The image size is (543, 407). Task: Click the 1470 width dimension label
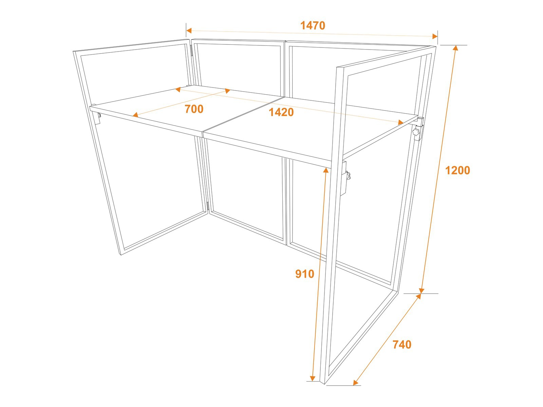(x=313, y=25)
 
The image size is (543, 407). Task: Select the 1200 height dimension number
(x=457, y=170)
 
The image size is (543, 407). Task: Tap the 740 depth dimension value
(x=402, y=345)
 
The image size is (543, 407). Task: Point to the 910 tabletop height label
(x=305, y=274)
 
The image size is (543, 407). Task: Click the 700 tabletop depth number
(x=194, y=109)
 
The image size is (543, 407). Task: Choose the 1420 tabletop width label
(x=281, y=112)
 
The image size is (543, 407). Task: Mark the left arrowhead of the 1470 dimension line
(x=188, y=31)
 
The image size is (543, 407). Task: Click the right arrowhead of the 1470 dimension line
(x=435, y=36)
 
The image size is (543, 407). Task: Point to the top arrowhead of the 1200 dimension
(x=455, y=48)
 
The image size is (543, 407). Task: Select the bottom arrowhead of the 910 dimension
(x=313, y=378)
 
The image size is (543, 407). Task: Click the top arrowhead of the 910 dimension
(x=326, y=170)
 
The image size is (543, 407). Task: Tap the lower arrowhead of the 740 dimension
(x=355, y=382)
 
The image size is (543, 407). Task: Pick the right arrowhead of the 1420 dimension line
(x=400, y=122)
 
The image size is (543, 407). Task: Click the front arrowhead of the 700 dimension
(x=135, y=114)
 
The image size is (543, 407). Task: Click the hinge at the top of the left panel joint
(x=191, y=51)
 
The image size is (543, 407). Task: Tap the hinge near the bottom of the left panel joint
(x=208, y=206)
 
